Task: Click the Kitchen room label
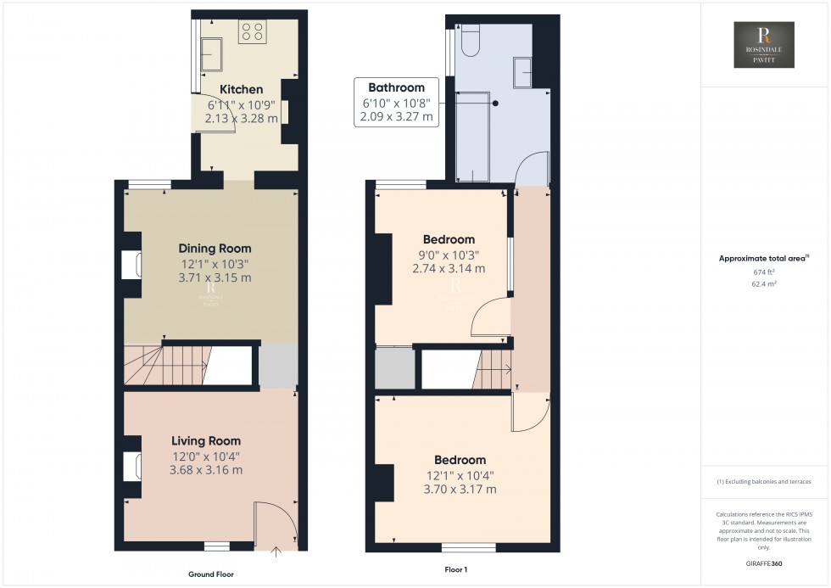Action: point(242,89)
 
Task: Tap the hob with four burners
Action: point(252,32)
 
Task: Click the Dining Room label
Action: point(215,249)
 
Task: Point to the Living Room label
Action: point(206,441)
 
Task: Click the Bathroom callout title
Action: point(396,87)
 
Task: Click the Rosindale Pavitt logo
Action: point(765,45)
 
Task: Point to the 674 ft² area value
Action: point(765,272)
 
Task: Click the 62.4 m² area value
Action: point(765,286)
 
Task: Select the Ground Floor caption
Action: point(210,574)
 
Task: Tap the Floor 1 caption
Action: point(456,569)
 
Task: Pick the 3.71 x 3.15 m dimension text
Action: point(215,277)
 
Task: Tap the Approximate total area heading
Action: point(763,258)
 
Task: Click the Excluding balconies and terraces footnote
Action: point(764,481)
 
